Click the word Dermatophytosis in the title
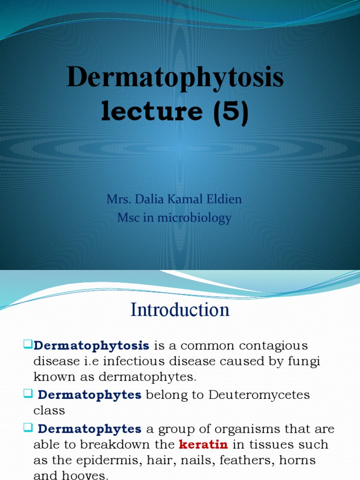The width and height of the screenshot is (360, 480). click(x=175, y=78)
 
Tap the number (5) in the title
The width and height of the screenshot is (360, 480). click(x=229, y=112)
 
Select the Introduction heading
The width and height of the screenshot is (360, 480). click(x=180, y=310)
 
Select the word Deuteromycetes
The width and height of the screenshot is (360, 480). click(x=259, y=395)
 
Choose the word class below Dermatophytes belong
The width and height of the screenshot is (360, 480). click(x=49, y=411)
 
